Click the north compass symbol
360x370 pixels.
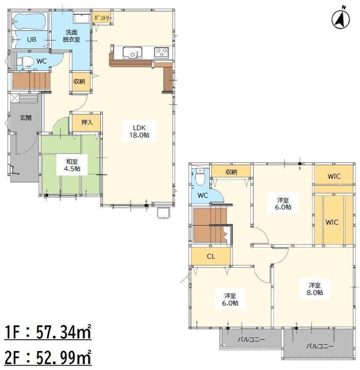tap(341, 19)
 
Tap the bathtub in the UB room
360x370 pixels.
tap(29, 21)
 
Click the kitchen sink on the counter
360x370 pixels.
tap(132, 53)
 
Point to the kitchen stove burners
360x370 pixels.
tap(162, 53)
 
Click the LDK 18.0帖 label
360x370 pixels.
tap(139, 131)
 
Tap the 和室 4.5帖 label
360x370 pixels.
tap(72, 165)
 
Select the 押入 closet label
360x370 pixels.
tap(87, 123)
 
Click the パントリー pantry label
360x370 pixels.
tap(103, 18)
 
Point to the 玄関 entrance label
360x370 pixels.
tap(25, 118)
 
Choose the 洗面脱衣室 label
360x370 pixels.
tap(72, 35)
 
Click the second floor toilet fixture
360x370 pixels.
tap(200, 178)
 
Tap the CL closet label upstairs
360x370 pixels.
tap(211, 257)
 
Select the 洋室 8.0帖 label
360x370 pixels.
tap(315, 289)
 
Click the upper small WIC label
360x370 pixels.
tap(334, 176)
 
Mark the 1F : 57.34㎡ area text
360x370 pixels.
tap(48, 332)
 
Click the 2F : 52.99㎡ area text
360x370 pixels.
tap(48, 358)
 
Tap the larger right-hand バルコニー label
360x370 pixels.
tap(320, 346)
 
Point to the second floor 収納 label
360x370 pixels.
tap(231, 172)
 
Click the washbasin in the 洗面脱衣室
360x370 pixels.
tap(81, 18)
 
